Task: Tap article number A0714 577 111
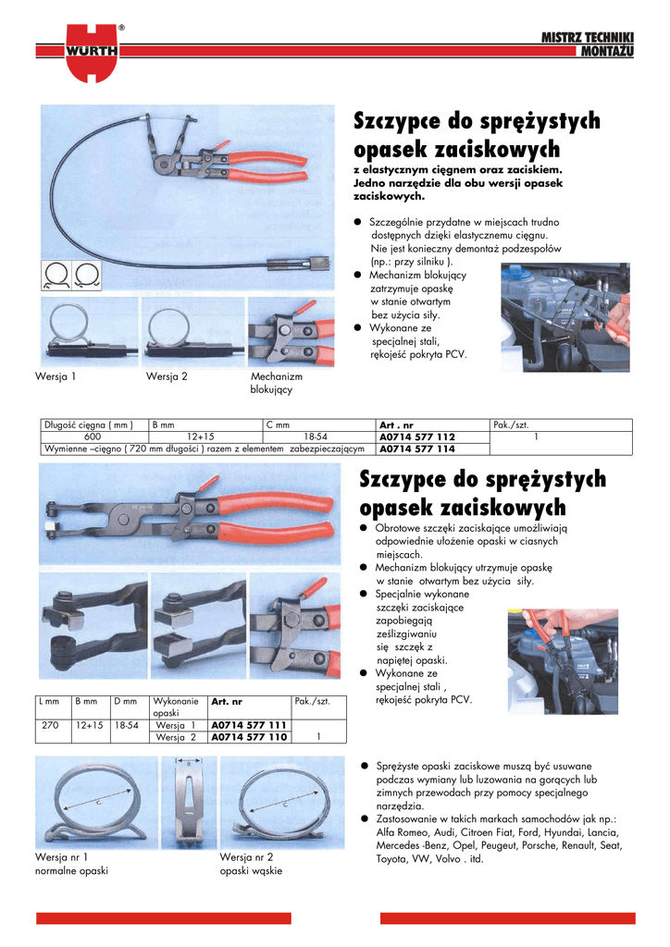point(249,725)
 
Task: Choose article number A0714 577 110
point(249,737)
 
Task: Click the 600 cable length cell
point(93,437)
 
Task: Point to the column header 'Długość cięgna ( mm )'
point(89,424)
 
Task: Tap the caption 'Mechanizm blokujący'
point(276,383)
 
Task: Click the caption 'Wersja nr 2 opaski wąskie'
point(251,864)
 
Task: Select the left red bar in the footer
point(164,918)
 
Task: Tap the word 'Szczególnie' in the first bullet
point(397,223)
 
